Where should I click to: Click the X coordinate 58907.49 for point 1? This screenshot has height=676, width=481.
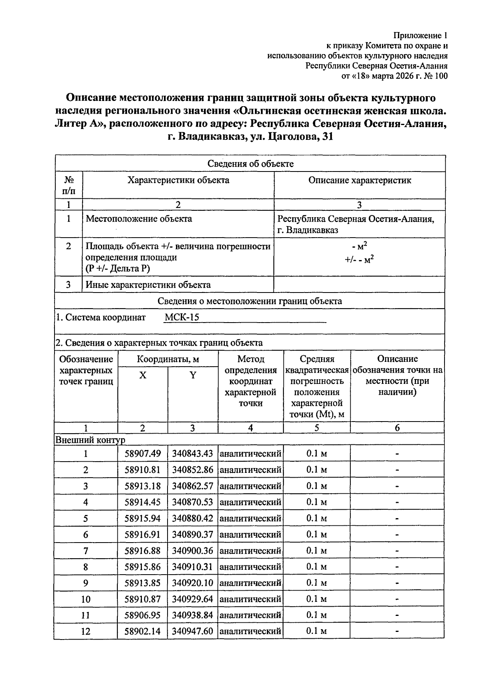(142, 454)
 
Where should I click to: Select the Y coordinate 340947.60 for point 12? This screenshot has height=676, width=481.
(192, 632)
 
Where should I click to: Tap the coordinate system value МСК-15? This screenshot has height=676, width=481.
(182, 317)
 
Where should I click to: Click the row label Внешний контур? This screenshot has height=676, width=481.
(90, 440)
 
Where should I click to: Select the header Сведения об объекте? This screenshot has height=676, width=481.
(250, 163)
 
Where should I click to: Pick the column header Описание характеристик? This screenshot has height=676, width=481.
(360, 180)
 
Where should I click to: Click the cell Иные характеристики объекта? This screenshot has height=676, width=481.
(148, 285)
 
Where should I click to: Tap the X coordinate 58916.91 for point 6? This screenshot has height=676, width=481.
(142, 535)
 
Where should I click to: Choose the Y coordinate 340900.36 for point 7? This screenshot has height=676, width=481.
(192, 551)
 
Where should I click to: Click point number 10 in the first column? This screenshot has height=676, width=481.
(86, 599)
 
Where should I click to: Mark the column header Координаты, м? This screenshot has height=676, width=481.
(168, 359)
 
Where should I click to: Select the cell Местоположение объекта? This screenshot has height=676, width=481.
(139, 219)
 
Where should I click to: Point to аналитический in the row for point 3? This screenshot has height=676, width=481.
(251, 486)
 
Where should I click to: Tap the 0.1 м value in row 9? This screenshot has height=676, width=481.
(317, 583)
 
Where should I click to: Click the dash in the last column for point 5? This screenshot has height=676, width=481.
(397, 519)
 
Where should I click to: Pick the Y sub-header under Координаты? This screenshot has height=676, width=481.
(193, 375)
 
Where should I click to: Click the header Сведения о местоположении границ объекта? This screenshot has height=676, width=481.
(250, 301)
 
